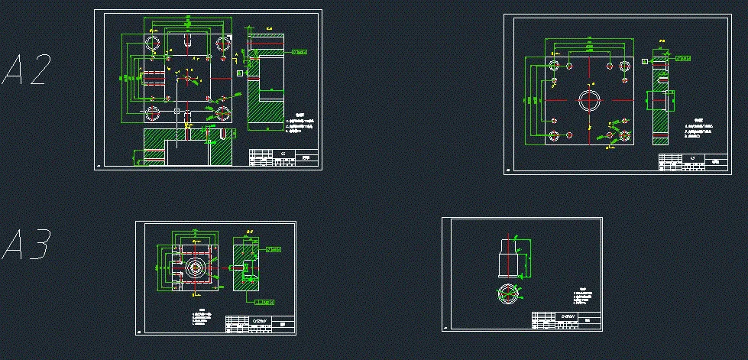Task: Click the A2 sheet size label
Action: click(28, 70)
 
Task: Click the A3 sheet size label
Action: click(28, 245)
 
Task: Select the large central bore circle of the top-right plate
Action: click(589, 101)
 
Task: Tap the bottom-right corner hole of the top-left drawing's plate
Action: click(223, 113)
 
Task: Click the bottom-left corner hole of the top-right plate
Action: click(554, 137)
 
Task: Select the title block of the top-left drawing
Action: click(283, 157)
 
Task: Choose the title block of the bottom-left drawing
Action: click(260, 326)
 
